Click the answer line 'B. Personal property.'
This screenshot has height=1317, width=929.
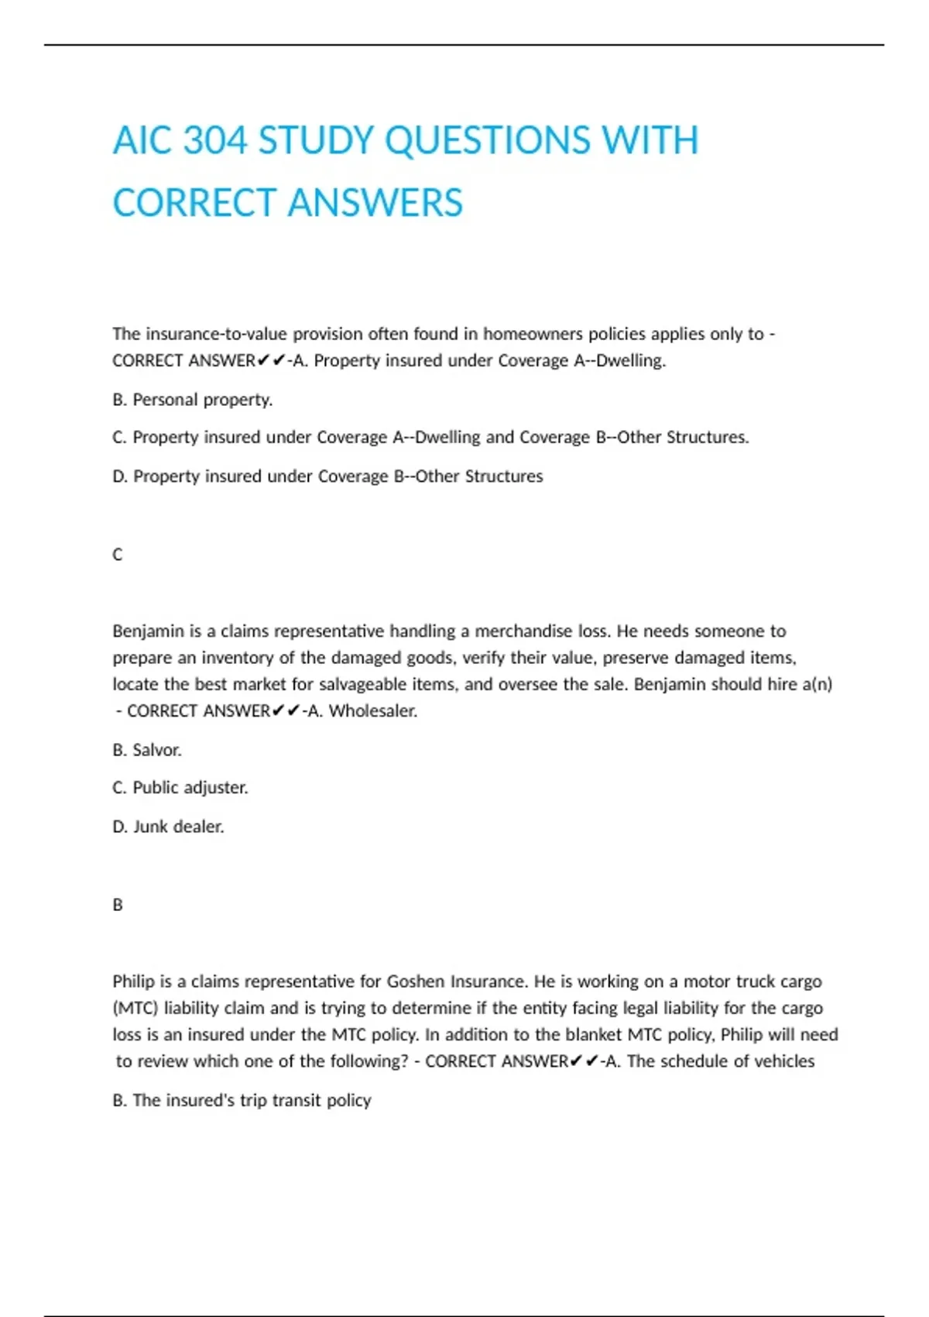(193, 400)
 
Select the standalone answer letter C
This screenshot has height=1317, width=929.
(118, 555)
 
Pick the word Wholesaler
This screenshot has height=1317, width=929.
(373, 711)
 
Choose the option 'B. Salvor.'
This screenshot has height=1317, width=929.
(147, 750)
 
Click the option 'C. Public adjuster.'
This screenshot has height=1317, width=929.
(180, 788)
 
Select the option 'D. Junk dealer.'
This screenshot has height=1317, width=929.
(169, 827)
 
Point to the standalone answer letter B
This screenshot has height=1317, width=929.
(118, 905)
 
